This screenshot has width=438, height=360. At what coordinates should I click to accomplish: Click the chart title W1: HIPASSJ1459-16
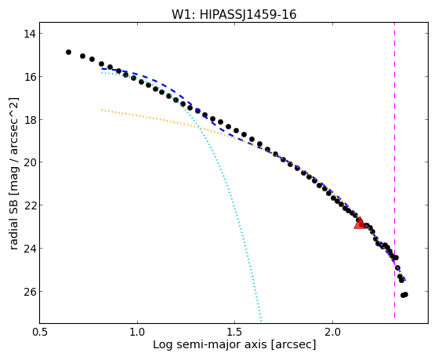(233, 14)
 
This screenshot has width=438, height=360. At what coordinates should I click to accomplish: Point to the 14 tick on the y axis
(29, 34)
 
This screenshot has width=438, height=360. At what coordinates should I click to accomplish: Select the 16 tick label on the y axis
(29, 77)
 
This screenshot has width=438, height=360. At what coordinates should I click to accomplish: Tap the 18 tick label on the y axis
(29, 120)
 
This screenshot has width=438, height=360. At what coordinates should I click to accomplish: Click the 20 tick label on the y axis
(29, 162)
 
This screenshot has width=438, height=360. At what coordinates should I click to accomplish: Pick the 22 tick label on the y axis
(29, 205)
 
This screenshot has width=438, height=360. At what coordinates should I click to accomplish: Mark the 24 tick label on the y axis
(29, 249)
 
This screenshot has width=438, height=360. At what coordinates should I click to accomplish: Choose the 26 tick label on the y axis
(29, 292)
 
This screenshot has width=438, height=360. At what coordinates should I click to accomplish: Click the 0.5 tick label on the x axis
(39, 332)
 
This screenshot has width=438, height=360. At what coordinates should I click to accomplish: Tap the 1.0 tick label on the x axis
(137, 332)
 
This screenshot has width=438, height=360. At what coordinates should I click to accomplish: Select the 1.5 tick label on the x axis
(235, 332)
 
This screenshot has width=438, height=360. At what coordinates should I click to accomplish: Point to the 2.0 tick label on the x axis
(332, 332)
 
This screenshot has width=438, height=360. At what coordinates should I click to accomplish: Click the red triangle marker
(360, 223)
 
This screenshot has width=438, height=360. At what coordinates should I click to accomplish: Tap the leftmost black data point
(68, 52)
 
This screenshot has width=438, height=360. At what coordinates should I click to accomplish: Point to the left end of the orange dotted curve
(102, 110)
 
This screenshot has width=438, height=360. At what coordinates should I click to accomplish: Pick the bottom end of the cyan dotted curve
(261, 321)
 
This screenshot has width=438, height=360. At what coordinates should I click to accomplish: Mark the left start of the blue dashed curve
(102, 68)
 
